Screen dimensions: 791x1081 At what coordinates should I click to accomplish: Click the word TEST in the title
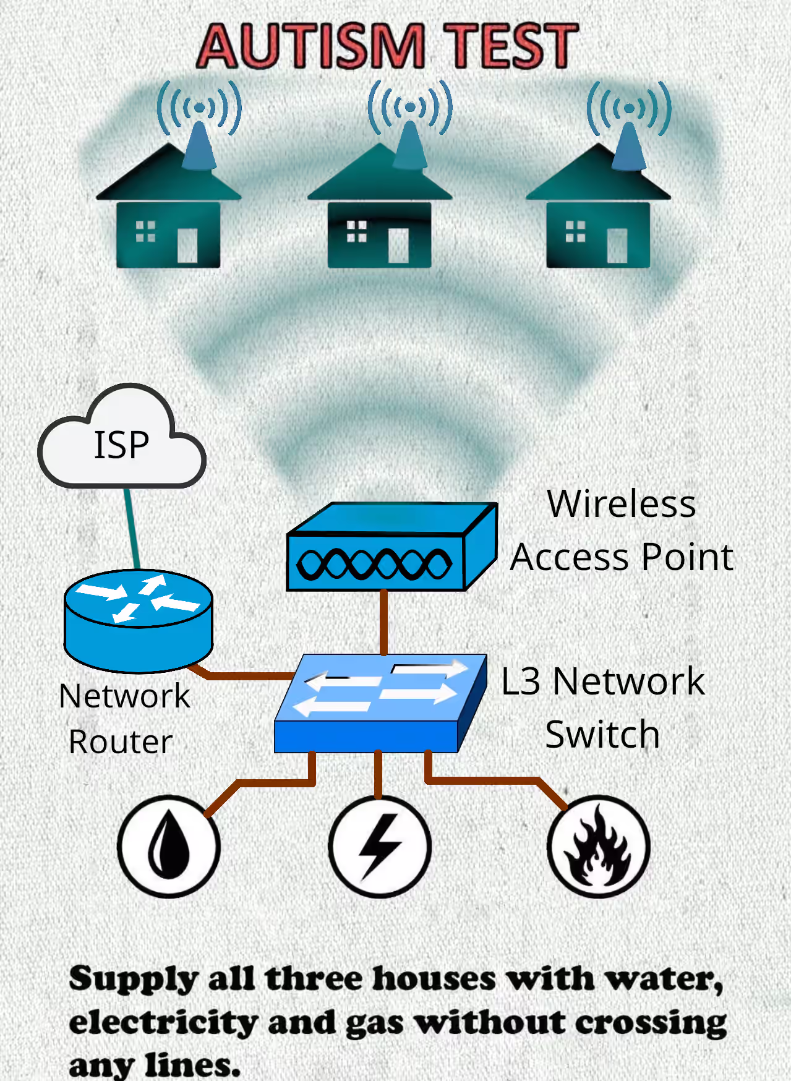coord(513,46)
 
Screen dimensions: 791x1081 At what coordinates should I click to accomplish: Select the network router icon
coord(139,621)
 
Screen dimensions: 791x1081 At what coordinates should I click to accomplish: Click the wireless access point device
coord(392,547)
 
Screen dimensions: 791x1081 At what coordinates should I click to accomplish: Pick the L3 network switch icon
coord(381,703)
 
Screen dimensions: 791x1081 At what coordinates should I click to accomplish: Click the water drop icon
coord(169,846)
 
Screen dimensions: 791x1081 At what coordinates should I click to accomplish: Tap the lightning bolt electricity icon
coord(380,846)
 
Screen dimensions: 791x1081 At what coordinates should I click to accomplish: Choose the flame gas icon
coord(598,846)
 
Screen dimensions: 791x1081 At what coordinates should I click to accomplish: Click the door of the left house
coord(187,246)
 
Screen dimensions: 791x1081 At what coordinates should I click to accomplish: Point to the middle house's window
coord(357,231)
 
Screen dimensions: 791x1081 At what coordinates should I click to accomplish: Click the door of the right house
coord(617,246)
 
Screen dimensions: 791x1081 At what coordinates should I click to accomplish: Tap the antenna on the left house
coord(199,145)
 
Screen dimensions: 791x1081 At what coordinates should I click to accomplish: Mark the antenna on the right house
coord(629,146)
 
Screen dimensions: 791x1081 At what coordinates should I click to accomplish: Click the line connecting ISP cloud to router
coord(132,529)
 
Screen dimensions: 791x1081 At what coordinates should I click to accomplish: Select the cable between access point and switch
coord(384,622)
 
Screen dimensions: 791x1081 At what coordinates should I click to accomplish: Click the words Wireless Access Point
coord(622,531)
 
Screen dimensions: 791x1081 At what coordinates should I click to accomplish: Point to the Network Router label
coord(124,719)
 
